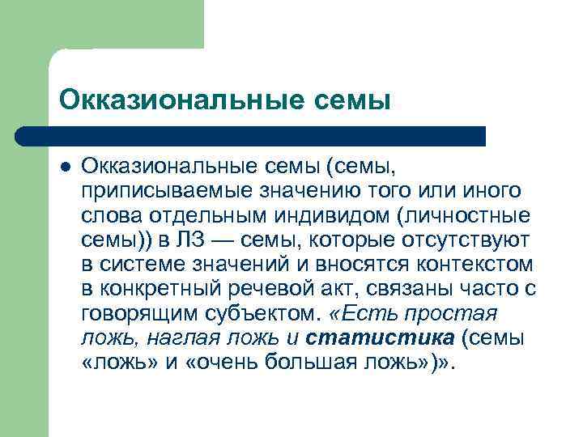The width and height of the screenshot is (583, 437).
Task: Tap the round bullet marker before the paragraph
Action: point(65,166)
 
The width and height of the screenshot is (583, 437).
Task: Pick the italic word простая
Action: point(459,312)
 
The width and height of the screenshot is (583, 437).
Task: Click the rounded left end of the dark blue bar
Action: point(24,136)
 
